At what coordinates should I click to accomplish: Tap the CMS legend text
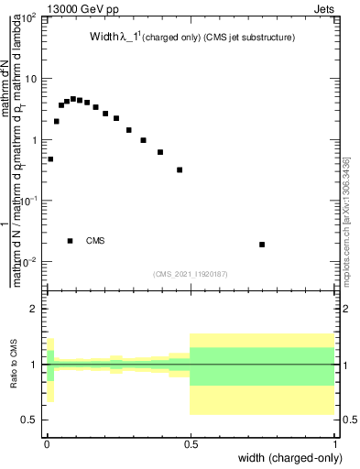tap(96, 241)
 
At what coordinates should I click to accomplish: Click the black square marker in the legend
tap(71, 241)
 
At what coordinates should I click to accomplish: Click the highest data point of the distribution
tap(72, 99)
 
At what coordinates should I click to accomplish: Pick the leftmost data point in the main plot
tap(50, 159)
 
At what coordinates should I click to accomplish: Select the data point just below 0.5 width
tap(180, 169)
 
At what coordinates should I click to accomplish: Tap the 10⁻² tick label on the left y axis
tap(29, 263)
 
